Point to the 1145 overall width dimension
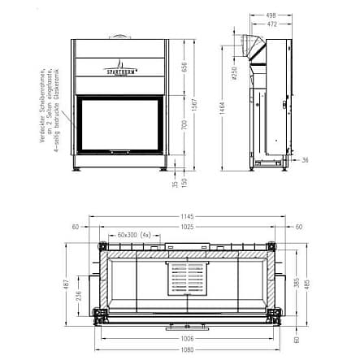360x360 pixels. pos(188,217)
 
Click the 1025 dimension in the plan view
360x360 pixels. pos(188,227)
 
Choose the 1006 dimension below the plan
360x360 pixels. pos(188,339)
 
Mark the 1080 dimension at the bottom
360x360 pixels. pos(188,350)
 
